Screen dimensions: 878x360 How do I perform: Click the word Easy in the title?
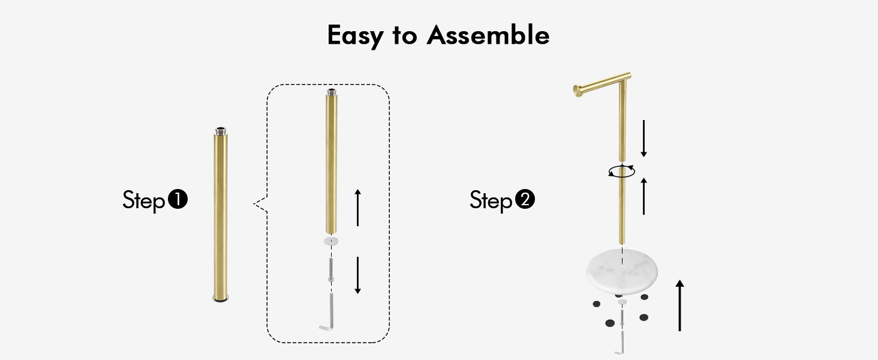(x=355, y=35)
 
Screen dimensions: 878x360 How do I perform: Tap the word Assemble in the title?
(x=488, y=35)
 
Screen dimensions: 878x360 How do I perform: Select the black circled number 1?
(x=178, y=199)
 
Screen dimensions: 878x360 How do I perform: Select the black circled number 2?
(x=525, y=199)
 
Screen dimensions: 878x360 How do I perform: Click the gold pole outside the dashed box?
(x=221, y=215)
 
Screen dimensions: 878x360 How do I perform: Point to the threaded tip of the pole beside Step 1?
(x=221, y=131)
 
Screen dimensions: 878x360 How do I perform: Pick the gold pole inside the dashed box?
(x=331, y=161)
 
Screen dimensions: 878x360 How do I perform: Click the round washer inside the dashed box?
(x=331, y=241)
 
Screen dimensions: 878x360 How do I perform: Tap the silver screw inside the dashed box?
(x=331, y=270)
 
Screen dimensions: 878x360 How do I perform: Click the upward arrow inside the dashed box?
(x=357, y=208)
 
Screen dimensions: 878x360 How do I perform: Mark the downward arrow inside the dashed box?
(x=357, y=275)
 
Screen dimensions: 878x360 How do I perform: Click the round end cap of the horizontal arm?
(x=578, y=91)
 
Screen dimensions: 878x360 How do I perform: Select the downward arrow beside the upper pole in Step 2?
(x=644, y=139)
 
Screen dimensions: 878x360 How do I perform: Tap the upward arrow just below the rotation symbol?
(x=644, y=196)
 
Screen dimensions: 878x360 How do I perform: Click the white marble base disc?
(x=622, y=271)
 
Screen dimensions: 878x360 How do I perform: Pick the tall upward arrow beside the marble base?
(x=679, y=305)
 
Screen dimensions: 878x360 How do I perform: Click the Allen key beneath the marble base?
(x=622, y=343)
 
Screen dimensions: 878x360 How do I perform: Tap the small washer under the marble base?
(x=622, y=302)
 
